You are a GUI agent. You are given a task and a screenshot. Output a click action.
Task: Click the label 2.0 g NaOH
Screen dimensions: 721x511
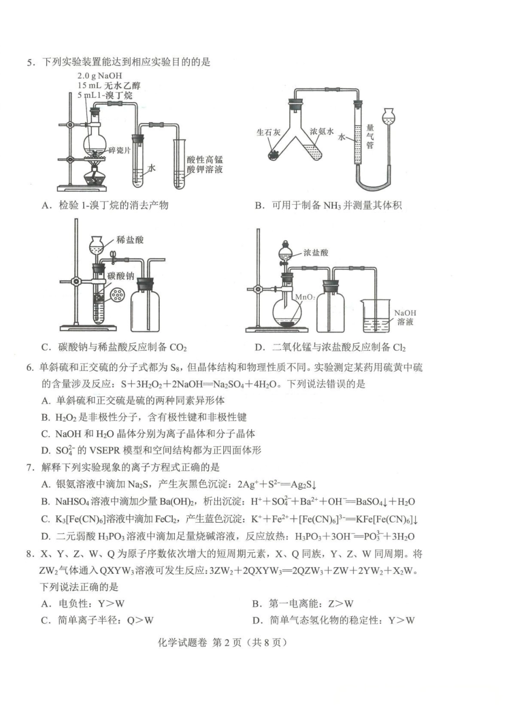pyautogui.click(x=100, y=76)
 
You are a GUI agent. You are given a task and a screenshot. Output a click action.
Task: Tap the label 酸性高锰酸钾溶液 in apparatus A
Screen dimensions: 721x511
pyautogui.click(x=205, y=164)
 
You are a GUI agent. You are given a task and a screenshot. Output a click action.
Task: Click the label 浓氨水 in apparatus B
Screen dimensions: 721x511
pyautogui.click(x=322, y=132)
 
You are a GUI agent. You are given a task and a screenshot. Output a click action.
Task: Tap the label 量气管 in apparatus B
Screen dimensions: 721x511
pyautogui.click(x=370, y=136)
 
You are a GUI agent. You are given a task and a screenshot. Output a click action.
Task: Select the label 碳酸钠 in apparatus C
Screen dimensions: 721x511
pyautogui.click(x=120, y=276)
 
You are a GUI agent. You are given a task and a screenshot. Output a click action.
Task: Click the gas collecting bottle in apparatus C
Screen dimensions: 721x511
pyautogui.click(x=145, y=306)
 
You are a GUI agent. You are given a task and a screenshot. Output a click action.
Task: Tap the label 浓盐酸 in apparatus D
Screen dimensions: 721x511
pyautogui.click(x=316, y=253)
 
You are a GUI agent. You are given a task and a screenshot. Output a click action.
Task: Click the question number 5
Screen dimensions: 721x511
pyautogui.click(x=31, y=62)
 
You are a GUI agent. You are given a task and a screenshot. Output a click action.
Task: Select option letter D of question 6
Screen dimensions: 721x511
pyautogui.click(x=46, y=450)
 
